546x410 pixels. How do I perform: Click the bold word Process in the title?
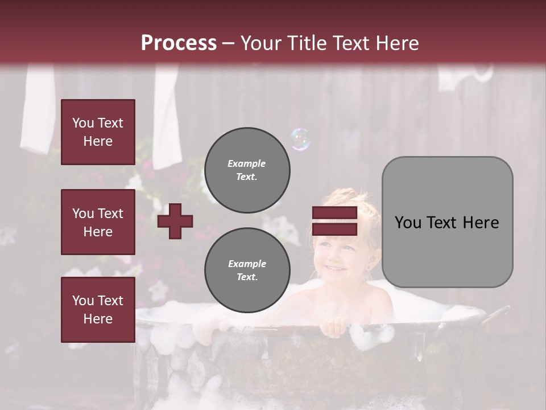pos(179,43)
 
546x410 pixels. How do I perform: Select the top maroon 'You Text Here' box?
pos(98,132)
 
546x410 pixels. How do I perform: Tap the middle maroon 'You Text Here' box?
pos(98,222)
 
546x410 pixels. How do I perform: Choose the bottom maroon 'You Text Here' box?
pos(98,309)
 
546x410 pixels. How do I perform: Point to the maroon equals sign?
pos(334,221)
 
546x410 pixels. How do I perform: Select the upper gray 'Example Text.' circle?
pos(247,170)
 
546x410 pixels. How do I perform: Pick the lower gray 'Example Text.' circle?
pos(247,270)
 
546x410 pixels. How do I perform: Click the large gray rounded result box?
pos(447,222)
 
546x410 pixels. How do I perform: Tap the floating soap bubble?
pos(300,139)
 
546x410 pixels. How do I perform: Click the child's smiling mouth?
pos(334,267)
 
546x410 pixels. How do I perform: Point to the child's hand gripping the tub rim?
pos(333,326)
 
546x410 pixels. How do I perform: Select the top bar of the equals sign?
pos(334,213)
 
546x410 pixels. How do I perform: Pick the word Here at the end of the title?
pos(398,43)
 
